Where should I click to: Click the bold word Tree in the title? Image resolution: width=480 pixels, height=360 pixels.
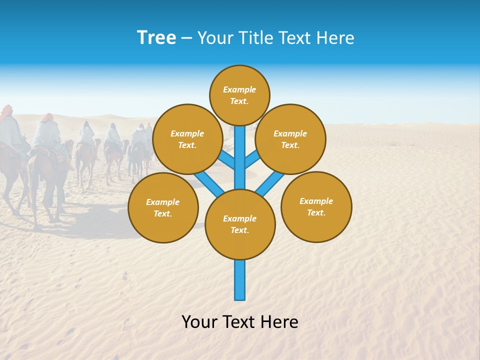156,38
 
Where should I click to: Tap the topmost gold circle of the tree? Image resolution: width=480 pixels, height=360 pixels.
239,95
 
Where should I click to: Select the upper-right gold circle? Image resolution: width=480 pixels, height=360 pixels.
290,139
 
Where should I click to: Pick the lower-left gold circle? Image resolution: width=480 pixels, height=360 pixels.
163,207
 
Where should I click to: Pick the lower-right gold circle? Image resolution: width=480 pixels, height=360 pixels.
316,206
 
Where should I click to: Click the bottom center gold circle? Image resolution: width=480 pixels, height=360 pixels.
240,224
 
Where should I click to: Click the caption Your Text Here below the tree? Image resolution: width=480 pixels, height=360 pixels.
240,321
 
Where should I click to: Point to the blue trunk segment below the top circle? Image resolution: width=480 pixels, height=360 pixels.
240,150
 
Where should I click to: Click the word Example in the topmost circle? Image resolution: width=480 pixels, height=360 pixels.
239,89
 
